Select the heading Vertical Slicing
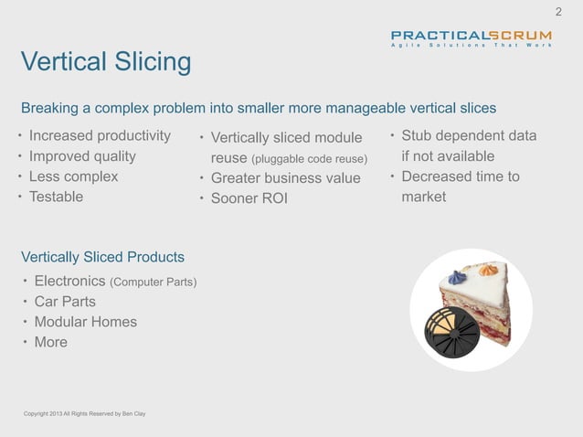[x=106, y=63]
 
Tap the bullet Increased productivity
[x=100, y=137]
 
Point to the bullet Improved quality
[x=83, y=156]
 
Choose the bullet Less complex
[x=73, y=176]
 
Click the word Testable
[x=56, y=197]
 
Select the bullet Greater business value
[x=286, y=178]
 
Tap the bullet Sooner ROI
[x=249, y=198]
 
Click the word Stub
[x=420, y=137]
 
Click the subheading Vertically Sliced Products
[x=102, y=256]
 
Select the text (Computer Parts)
[x=153, y=282]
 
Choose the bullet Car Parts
[x=65, y=302]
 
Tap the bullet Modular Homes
[x=86, y=322]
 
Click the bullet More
[x=51, y=342]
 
